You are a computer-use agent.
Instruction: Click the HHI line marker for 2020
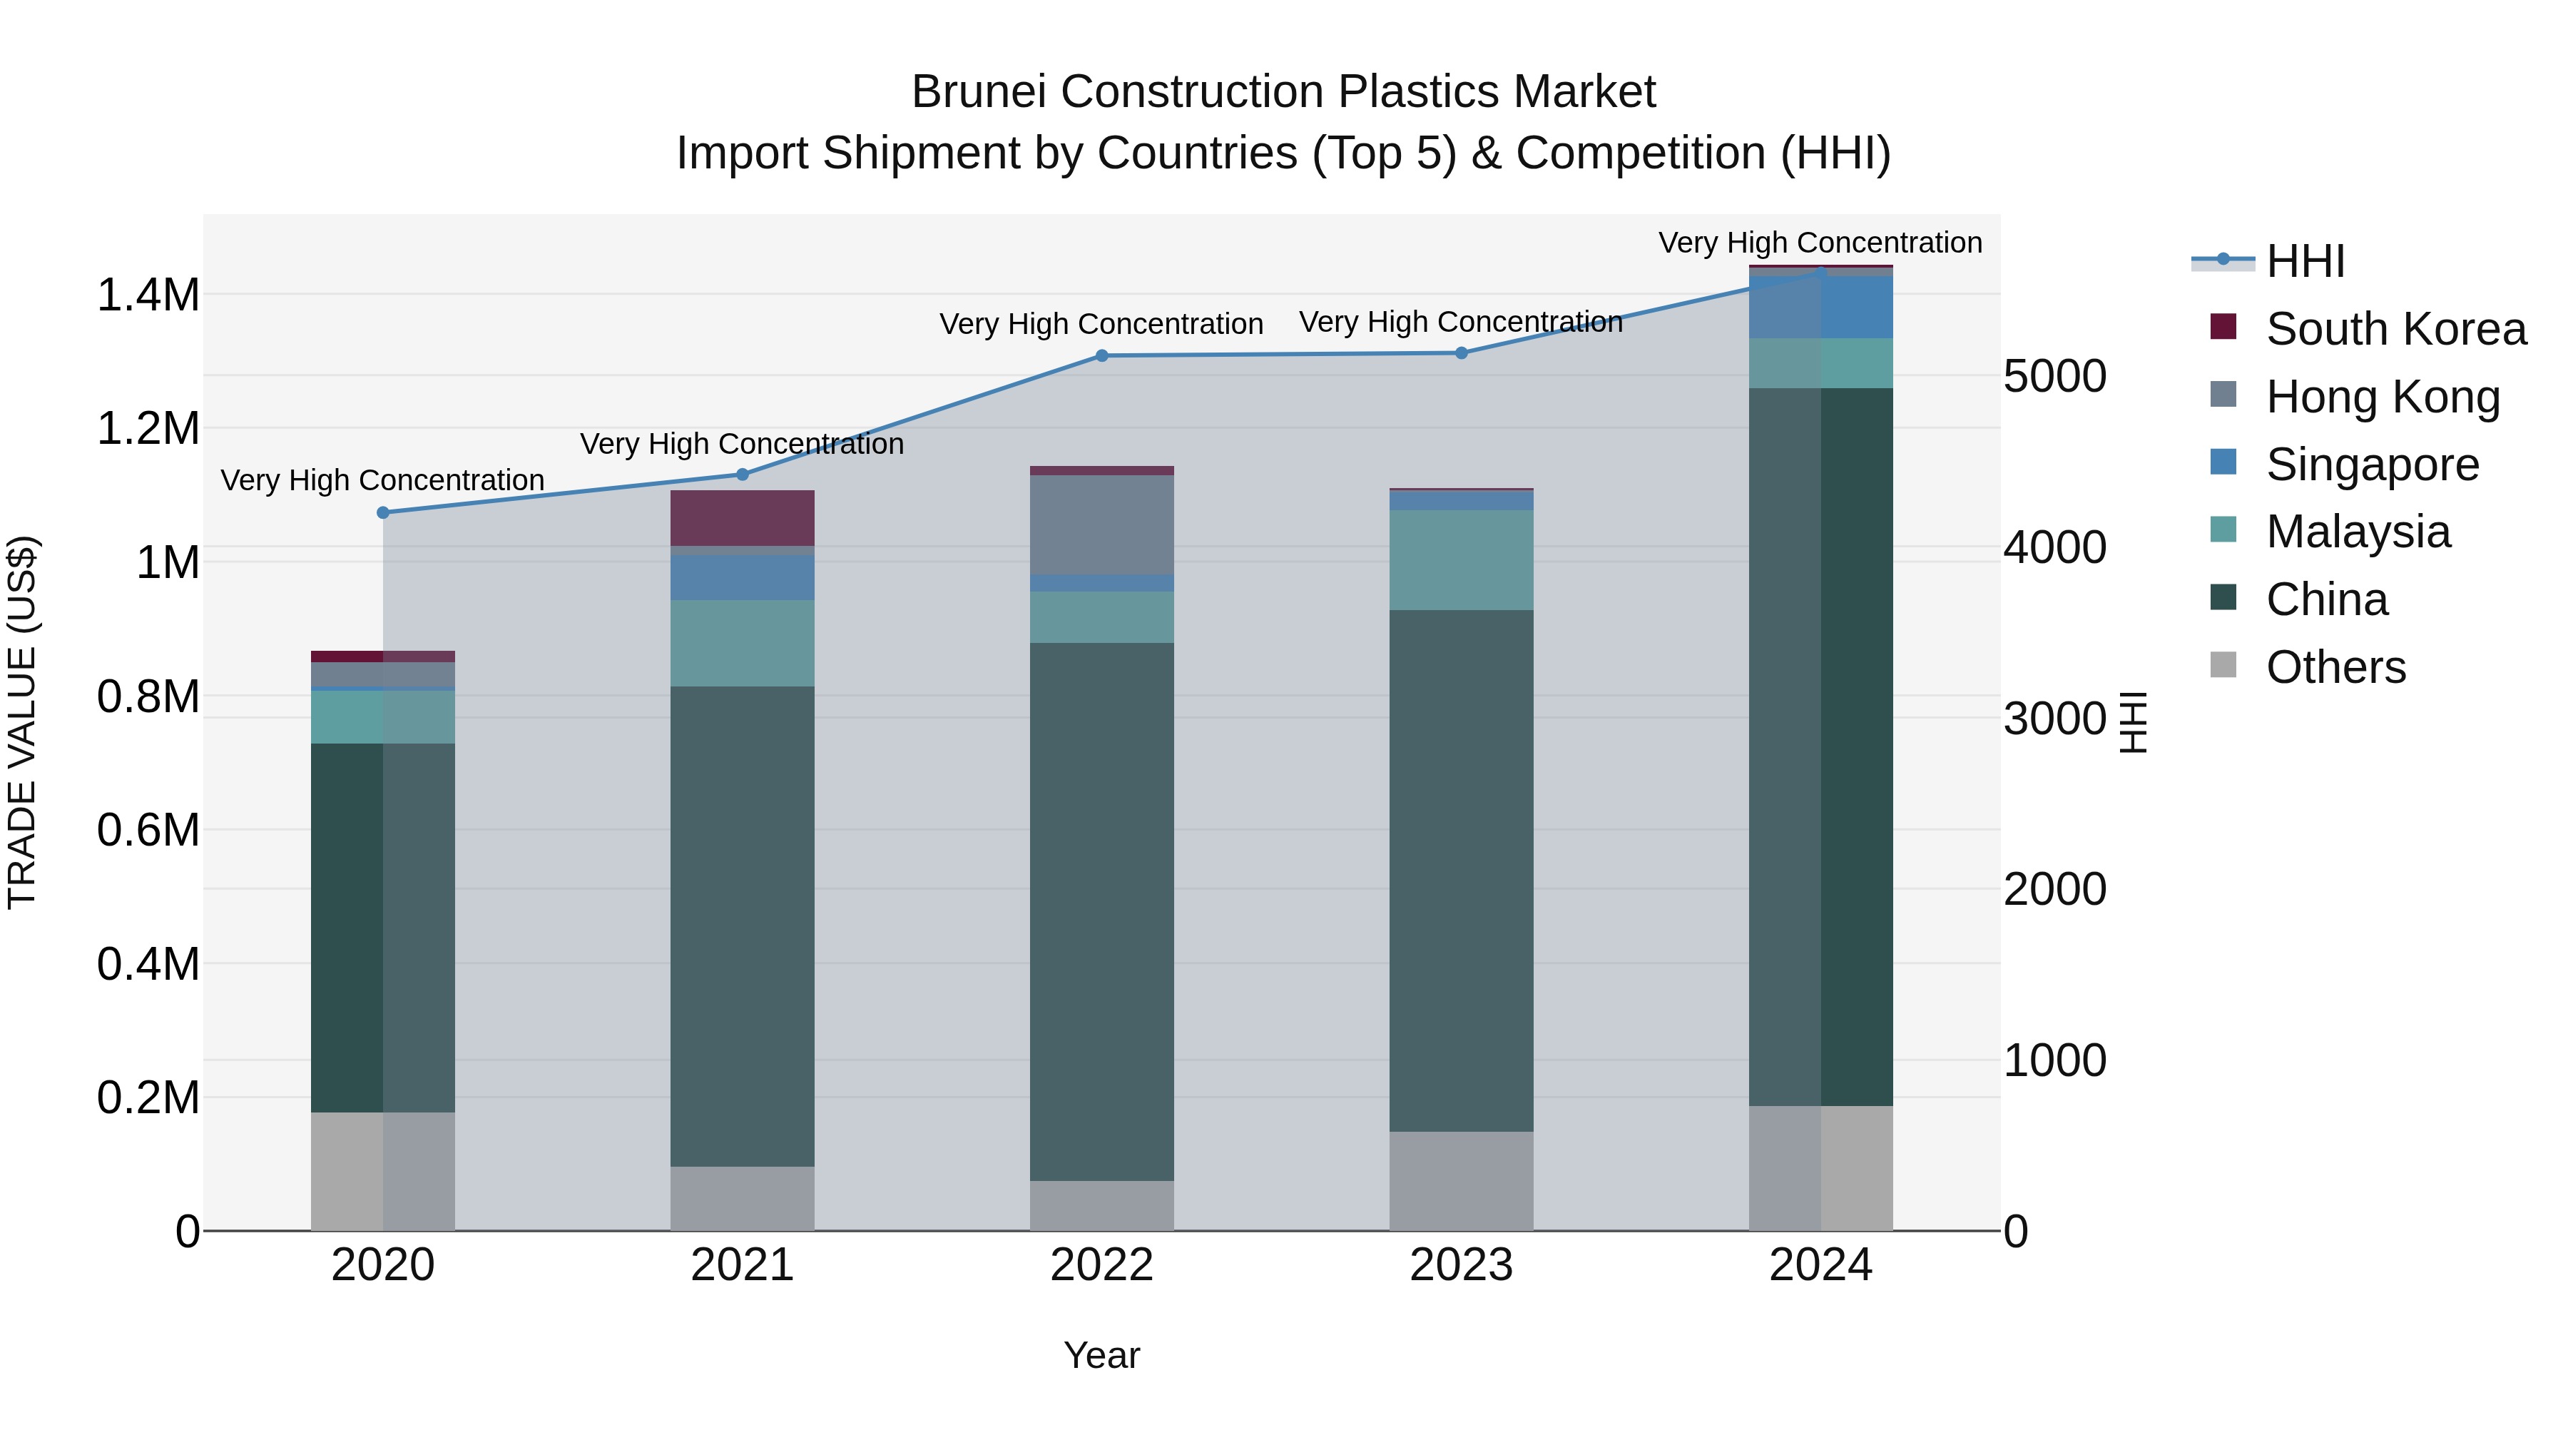(383, 512)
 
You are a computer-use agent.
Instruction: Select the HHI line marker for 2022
(1101, 356)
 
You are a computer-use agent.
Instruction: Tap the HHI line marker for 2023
(1462, 353)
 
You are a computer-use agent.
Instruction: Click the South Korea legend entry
(2395, 329)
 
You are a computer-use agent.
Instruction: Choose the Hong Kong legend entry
(2383, 396)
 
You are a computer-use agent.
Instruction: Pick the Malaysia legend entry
(2358, 532)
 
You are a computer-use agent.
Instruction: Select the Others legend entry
(2335, 667)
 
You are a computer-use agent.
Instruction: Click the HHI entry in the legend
(2305, 261)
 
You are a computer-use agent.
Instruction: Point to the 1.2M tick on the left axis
(148, 429)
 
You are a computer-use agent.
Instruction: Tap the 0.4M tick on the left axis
(148, 964)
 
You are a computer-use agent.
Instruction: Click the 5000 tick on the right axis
(2054, 377)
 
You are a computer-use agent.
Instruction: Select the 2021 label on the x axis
(742, 1265)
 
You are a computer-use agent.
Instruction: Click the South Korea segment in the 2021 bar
(742, 517)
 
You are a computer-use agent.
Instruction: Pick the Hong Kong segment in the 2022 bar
(1101, 524)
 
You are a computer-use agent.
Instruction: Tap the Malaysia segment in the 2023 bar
(1462, 559)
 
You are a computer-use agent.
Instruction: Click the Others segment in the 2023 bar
(1462, 1181)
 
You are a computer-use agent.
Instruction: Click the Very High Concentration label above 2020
(383, 481)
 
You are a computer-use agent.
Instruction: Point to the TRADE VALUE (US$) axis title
(22, 722)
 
